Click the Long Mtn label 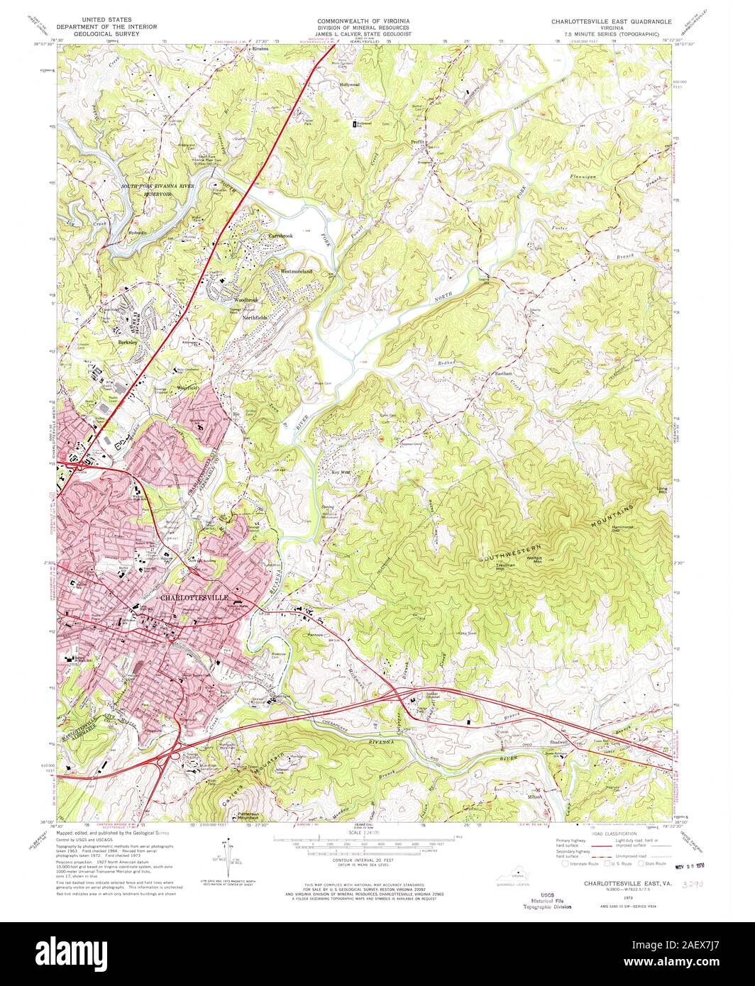[x=662, y=489]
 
